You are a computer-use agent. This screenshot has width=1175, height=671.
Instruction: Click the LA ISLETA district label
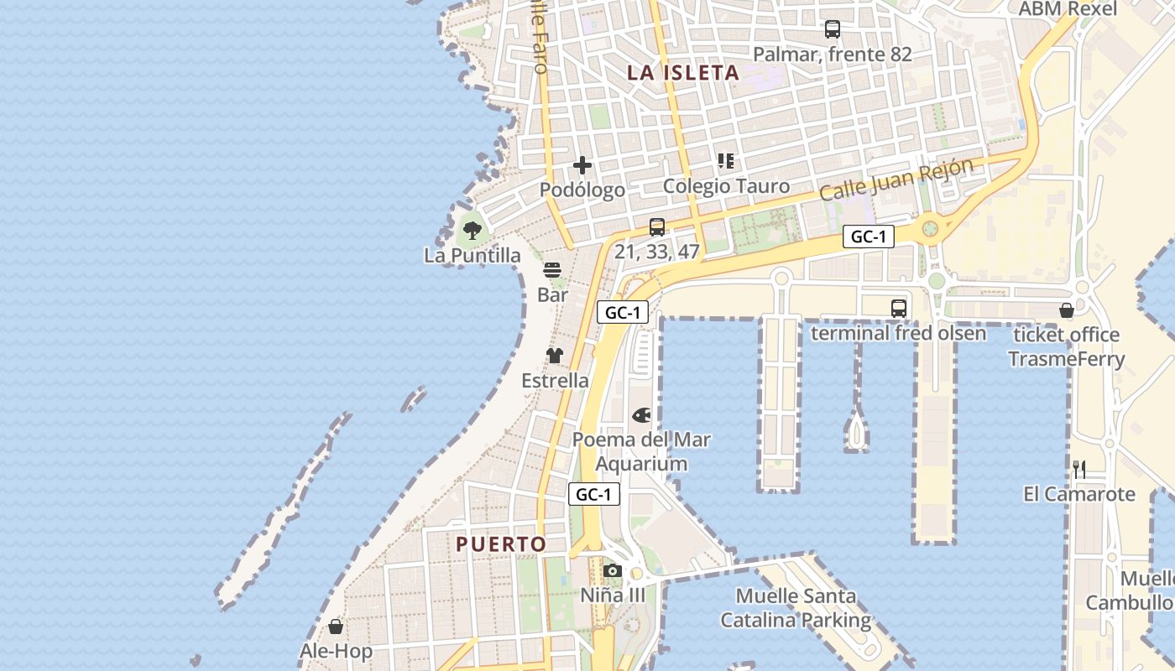pyautogui.click(x=683, y=73)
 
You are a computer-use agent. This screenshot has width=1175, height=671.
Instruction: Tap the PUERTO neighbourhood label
pyautogui.click(x=501, y=544)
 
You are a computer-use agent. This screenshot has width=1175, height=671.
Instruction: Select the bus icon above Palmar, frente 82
pyautogui.click(x=832, y=29)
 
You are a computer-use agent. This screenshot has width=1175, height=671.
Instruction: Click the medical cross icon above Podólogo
pyautogui.click(x=582, y=165)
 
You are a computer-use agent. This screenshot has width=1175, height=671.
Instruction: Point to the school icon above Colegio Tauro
pyautogui.click(x=726, y=161)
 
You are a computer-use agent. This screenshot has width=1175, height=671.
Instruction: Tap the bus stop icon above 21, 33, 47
pyautogui.click(x=657, y=226)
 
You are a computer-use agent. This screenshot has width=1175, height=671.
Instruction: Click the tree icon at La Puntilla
pyautogui.click(x=473, y=230)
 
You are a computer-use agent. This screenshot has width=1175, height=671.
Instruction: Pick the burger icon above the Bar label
pyautogui.click(x=552, y=270)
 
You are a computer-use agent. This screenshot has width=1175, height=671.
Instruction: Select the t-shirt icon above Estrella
pyautogui.click(x=555, y=356)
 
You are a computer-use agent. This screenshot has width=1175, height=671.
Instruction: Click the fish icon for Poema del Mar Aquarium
pyautogui.click(x=642, y=414)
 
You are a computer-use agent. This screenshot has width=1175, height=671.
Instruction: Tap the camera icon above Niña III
pyautogui.click(x=613, y=571)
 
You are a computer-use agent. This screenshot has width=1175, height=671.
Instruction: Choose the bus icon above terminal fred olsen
pyautogui.click(x=899, y=308)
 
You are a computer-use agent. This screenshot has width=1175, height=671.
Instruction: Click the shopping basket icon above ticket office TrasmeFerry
pyautogui.click(x=1066, y=311)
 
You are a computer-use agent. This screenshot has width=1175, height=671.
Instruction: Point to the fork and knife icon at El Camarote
pyautogui.click(x=1079, y=470)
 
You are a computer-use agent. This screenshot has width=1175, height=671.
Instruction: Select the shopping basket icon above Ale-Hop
pyautogui.click(x=336, y=627)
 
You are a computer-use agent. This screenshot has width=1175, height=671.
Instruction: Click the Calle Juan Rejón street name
pyautogui.click(x=896, y=179)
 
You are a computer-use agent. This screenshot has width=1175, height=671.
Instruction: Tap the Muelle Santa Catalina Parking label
pyautogui.click(x=796, y=608)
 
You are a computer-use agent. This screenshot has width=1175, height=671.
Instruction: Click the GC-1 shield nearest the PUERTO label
pyautogui.click(x=594, y=495)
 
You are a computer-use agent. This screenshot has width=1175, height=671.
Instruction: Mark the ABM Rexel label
pyautogui.click(x=1068, y=9)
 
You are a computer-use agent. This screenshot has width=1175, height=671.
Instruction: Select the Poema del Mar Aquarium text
pyautogui.click(x=641, y=451)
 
